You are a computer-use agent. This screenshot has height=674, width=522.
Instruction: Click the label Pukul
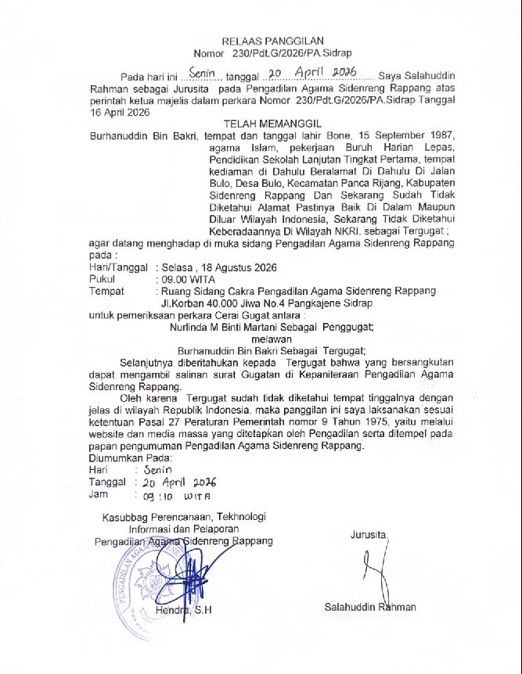coord(105,278)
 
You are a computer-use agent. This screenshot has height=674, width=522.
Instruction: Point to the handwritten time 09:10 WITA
coord(170,495)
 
